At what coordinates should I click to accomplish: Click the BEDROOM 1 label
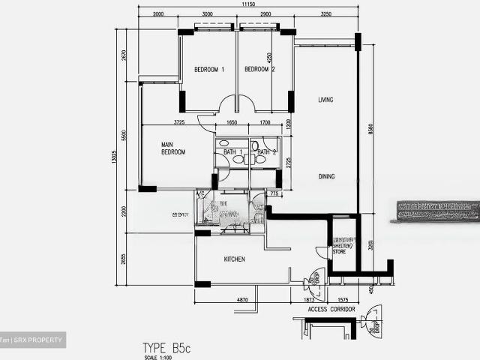[209, 70]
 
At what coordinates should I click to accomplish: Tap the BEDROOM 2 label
[259, 70]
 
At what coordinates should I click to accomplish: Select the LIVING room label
[325, 100]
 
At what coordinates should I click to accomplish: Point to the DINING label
[326, 177]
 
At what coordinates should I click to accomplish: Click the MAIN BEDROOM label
[173, 148]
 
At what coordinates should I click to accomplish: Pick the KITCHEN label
[235, 259]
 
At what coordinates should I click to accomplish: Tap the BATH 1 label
[231, 153]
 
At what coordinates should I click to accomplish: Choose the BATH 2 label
[262, 153]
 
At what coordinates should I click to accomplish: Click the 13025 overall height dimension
[114, 161]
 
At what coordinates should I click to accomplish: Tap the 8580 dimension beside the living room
[370, 130]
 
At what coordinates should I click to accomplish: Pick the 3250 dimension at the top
[325, 14]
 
